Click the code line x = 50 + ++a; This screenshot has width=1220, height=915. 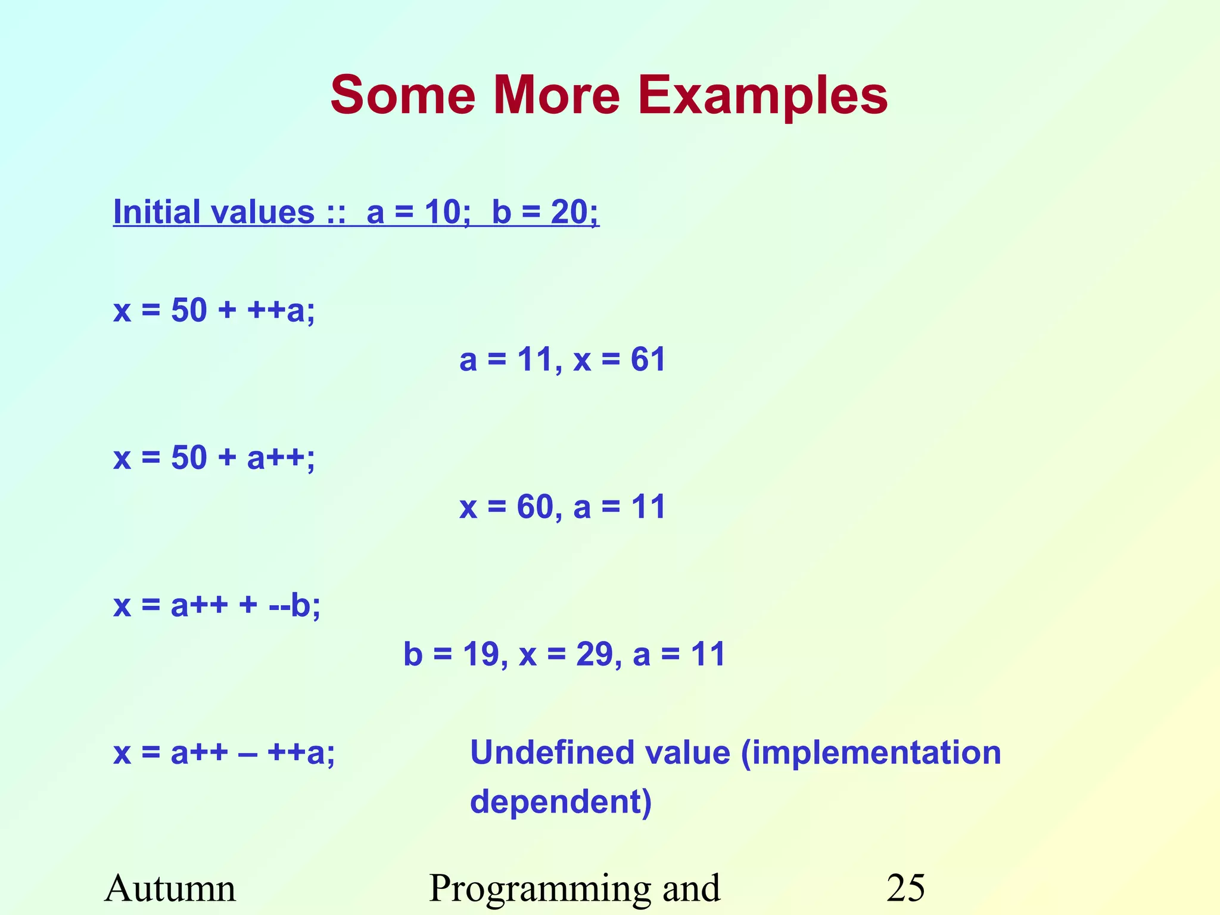coord(214,310)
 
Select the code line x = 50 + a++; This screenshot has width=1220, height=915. coord(214,458)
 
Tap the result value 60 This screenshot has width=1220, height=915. coord(535,508)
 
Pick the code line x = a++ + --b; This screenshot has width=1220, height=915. coord(217,606)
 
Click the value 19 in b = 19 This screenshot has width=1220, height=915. coord(481,655)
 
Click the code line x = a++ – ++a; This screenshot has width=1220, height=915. coord(224,753)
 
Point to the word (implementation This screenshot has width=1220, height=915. coord(871,753)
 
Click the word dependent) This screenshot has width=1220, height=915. coord(561,802)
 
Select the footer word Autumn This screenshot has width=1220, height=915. coord(170,889)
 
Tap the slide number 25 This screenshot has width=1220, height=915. coord(905,889)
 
